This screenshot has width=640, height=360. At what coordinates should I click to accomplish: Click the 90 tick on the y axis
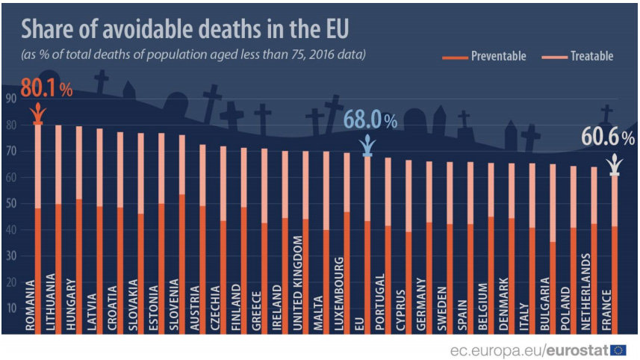pyautogui.click(x=10, y=99)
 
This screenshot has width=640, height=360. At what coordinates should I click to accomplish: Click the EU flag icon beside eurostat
pyautogui.click(x=618, y=350)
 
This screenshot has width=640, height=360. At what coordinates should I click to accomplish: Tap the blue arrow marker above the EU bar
pyautogui.click(x=367, y=146)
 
